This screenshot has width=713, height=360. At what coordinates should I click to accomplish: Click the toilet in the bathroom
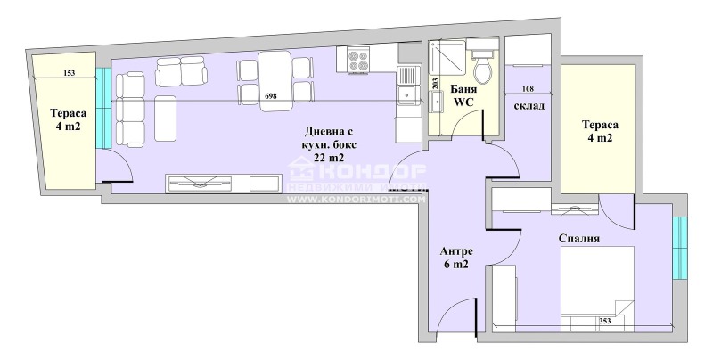(483, 63)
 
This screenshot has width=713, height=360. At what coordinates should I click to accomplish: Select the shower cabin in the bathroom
(446, 62)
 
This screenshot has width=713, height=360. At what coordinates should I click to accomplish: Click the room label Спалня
(578, 238)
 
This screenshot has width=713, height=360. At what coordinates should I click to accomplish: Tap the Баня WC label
(463, 95)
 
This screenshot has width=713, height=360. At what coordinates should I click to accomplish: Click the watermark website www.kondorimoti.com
(356, 200)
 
